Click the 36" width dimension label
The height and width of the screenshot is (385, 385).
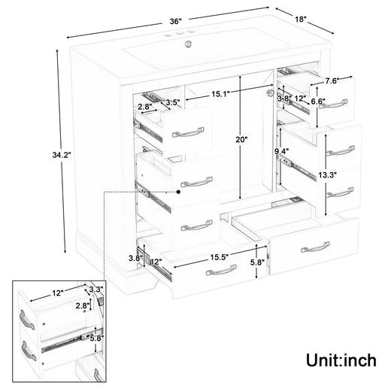point(176,22)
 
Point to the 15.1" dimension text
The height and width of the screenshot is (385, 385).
point(220,94)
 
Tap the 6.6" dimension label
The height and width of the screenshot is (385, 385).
point(317,102)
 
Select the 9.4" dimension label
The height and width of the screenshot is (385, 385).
point(281,152)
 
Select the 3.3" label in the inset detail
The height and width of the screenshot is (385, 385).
point(96,288)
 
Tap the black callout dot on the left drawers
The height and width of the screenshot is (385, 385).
point(179,192)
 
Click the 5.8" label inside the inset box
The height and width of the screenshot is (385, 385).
point(96,339)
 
